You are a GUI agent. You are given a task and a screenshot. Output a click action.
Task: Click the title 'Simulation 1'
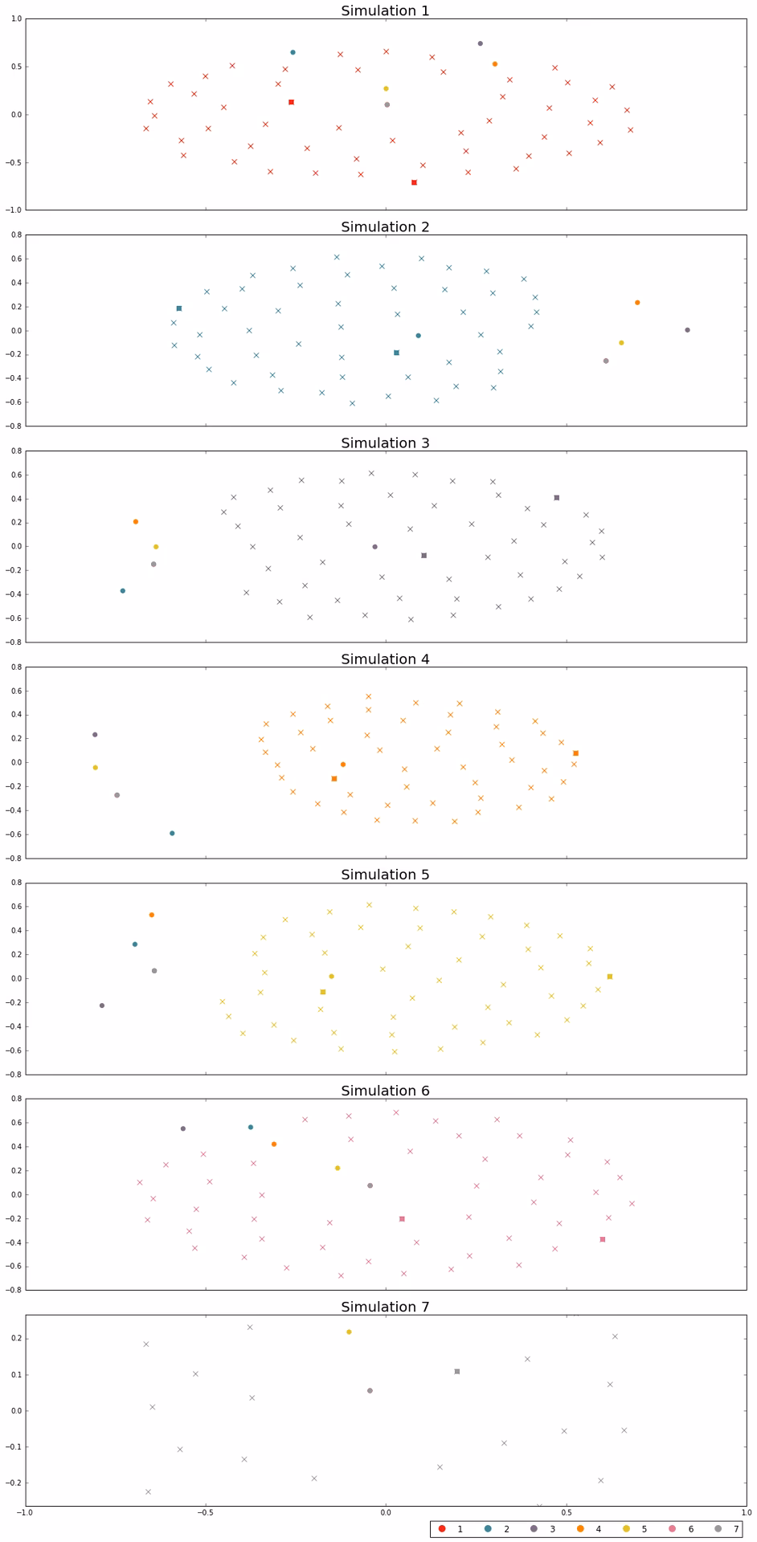(385, 10)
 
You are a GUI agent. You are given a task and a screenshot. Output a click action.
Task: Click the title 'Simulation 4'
(385, 659)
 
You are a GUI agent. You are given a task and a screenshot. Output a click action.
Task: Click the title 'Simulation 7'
(385, 1307)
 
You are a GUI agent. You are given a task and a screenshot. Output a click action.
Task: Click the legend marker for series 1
(442, 1529)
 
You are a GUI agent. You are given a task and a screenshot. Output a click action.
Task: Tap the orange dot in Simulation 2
(637, 303)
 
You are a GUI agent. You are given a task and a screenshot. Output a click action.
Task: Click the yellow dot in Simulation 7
(349, 1332)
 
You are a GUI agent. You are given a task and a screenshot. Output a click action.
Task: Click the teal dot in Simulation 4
(172, 834)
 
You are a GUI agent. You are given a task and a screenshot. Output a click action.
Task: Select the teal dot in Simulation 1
(293, 52)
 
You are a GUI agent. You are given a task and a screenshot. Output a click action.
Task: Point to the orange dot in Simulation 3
(136, 522)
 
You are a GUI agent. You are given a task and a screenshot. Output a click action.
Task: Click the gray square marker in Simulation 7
(457, 1372)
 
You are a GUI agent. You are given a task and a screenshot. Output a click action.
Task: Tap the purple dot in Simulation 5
(102, 1006)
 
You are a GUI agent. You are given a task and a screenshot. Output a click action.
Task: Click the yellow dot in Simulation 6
(338, 1168)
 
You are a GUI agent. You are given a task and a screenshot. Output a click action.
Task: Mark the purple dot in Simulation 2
(687, 330)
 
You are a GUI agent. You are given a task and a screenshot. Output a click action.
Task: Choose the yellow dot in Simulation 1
(386, 88)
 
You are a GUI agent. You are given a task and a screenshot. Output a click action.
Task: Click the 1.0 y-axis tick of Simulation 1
(16, 19)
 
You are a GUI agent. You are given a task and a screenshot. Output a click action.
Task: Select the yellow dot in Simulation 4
(96, 768)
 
